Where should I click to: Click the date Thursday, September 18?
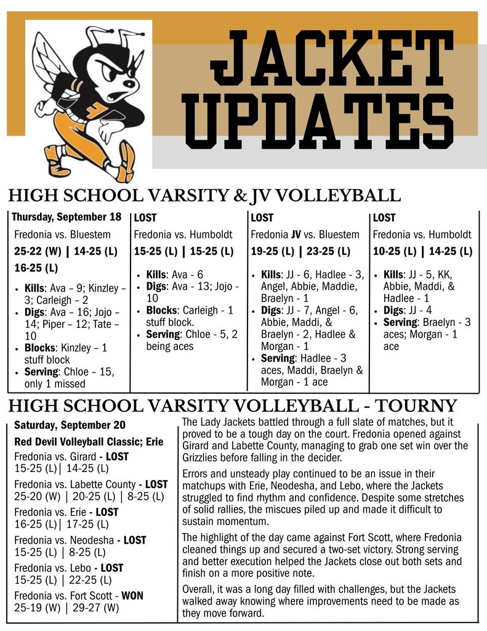coord(66,217)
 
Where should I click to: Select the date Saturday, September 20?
coord(70,425)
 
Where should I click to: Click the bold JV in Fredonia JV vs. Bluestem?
coord(296,234)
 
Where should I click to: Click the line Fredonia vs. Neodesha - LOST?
coord(80,540)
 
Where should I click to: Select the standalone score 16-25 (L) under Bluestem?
coord(36,268)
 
